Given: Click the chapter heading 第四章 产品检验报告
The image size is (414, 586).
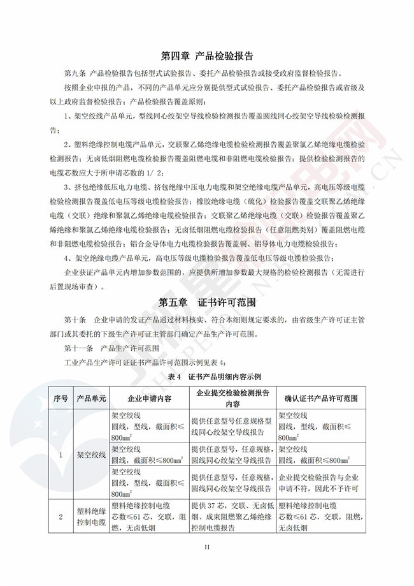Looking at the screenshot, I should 207,55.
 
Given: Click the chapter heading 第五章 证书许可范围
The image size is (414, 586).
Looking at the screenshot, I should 207,301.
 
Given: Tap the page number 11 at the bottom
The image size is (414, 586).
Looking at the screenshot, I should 207,548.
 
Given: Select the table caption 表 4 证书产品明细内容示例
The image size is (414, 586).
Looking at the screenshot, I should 207,377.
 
